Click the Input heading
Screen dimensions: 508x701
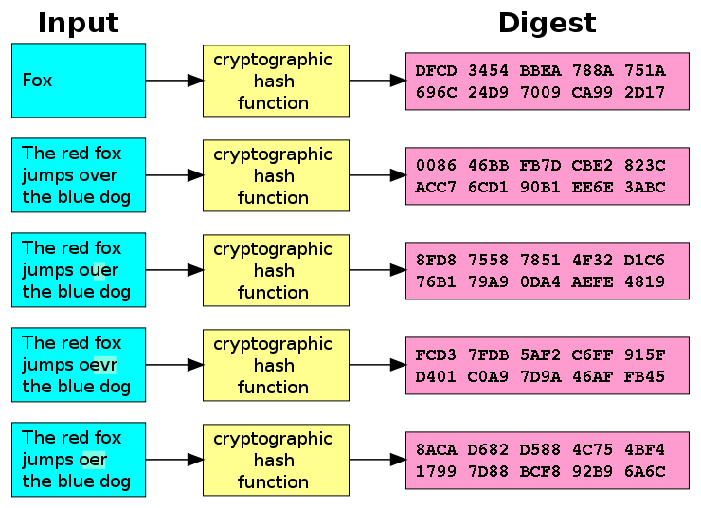(x=78, y=22)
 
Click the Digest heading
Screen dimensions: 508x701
(x=548, y=22)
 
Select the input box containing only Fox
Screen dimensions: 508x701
(x=79, y=81)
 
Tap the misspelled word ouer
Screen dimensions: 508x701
(x=99, y=270)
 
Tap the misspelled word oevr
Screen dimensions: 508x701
(x=99, y=365)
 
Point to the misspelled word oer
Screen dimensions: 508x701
(x=93, y=460)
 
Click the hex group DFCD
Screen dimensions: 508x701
(x=435, y=70)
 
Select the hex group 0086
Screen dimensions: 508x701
(x=435, y=165)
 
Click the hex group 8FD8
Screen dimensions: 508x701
(x=435, y=260)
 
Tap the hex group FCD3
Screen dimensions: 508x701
(x=435, y=354)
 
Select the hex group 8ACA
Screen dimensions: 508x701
(x=435, y=449)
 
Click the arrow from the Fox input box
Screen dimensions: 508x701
(x=174, y=81)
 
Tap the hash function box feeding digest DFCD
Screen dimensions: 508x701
(x=273, y=81)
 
